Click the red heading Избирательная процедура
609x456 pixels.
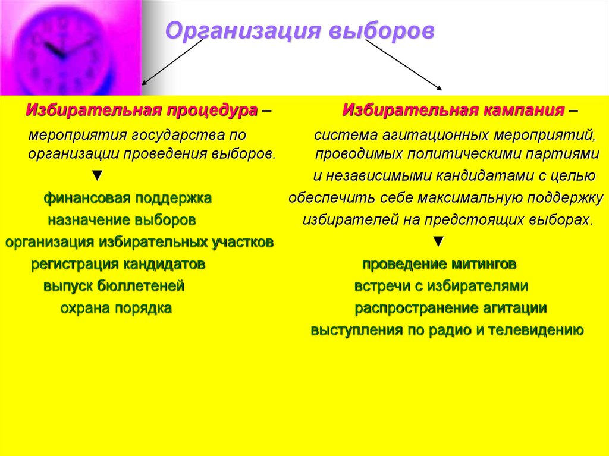[x=142, y=111]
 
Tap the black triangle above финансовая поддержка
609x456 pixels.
[x=98, y=175]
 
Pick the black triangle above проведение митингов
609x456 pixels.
[x=438, y=241]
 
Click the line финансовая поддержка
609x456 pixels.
[x=127, y=198]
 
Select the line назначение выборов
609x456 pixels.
[x=122, y=220]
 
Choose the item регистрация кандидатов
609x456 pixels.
[x=118, y=264]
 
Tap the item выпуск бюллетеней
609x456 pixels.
[x=114, y=286]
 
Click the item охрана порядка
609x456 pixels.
[x=116, y=308]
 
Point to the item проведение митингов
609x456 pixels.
[x=440, y=263]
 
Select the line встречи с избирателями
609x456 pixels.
[x=441, y=286]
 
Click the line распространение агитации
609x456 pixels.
[x=451, y=308]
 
